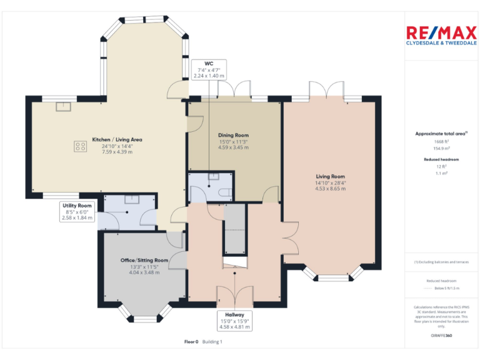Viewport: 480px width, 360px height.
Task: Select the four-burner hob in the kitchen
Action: tap(81, 147)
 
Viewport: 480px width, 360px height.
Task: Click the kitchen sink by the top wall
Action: tap(64, 106)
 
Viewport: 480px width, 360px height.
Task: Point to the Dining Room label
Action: tap(233, 135)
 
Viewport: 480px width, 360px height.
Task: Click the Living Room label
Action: tap(330, 176)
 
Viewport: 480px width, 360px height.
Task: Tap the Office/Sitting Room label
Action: tap(144, 260)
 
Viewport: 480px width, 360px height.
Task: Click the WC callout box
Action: tap(209, 69)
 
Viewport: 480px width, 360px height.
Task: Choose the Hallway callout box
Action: tap(235, 320)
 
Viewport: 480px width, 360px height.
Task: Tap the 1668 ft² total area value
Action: tap(441, 142)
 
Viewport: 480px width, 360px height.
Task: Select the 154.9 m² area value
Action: tap(441, 148)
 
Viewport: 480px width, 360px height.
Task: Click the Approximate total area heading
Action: tap(441, 133)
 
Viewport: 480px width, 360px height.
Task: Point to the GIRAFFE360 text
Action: tap(441, 336)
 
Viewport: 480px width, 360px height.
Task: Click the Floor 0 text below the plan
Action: tap(191, 342)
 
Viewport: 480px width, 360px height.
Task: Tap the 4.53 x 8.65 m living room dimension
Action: tap(330, 188)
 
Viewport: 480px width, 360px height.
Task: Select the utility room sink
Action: tap(131, 199)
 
